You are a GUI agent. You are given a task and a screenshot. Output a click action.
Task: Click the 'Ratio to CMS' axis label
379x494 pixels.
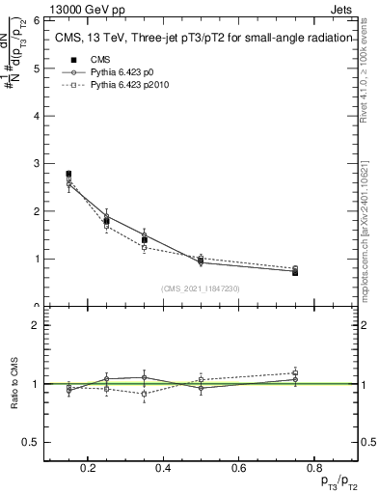(x=15, y=384)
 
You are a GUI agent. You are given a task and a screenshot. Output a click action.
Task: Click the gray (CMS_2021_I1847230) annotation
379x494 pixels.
(x=201, y=288)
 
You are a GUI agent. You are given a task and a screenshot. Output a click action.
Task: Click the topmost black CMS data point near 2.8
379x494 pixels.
(x=68, y=174)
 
